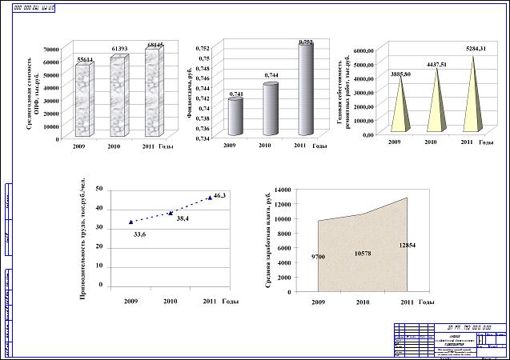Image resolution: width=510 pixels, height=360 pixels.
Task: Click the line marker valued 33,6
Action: point(131,222)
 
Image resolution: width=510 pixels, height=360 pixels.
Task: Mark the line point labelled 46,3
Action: point(210,197)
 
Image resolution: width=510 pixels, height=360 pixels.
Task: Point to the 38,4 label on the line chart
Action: point(183,218)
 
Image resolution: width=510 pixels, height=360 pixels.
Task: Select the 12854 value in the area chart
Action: point(407,245)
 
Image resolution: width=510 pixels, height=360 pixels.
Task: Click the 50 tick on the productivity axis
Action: point(98,189)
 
